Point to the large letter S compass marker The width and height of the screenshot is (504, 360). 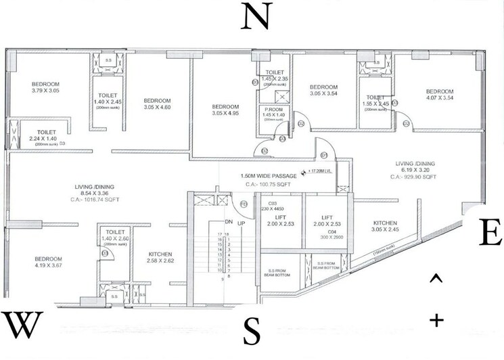[x=252, y=331]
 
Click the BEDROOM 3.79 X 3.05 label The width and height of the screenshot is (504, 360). [x=46, y=87]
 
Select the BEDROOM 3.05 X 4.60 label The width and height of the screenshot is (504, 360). [x=158, y=102]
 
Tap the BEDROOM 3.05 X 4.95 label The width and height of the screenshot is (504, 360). [x=225, y=110]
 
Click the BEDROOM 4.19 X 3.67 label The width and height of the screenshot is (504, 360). [x=48, y=262]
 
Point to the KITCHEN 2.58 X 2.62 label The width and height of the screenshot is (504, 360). [x=162, y=258]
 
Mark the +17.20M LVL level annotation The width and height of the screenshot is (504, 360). [x=323, y=172]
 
